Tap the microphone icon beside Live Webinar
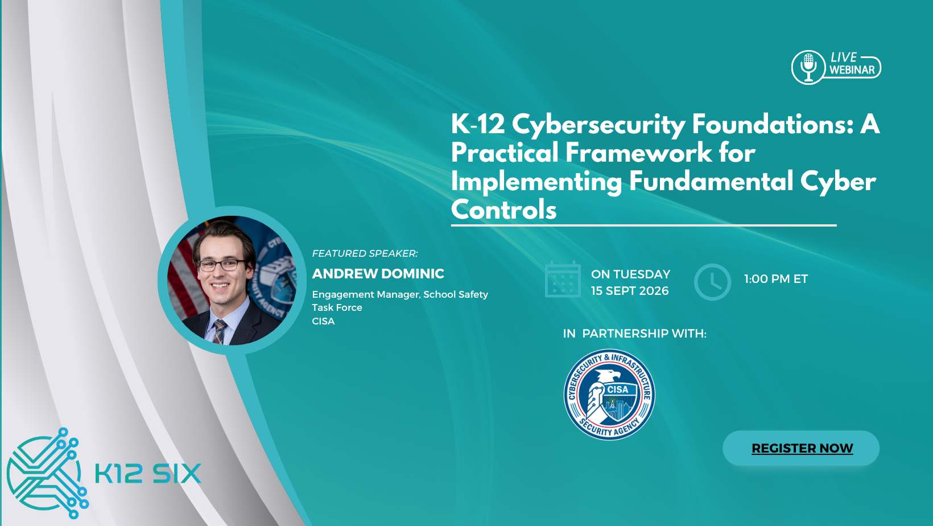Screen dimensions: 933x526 (808, 67)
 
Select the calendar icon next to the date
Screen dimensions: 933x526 (563, 280)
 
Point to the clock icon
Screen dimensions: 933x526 (712, 282)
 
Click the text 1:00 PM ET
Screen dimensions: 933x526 (776, 279)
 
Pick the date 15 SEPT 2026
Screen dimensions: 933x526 (630, 291)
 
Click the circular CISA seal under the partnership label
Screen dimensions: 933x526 (609, 394)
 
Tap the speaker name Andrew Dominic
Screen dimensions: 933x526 (378, 274)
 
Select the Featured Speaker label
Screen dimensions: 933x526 (365, 253)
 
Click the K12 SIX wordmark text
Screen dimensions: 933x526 (148, 474)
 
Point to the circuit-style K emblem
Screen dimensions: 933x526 (47, 473)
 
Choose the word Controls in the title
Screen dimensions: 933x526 (504, 209)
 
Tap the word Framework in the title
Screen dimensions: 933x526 (638, 153)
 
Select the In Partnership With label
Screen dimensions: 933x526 (635, 334)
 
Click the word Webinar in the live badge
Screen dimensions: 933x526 (852, 70)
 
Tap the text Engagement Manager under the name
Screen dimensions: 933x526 (365, 295)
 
